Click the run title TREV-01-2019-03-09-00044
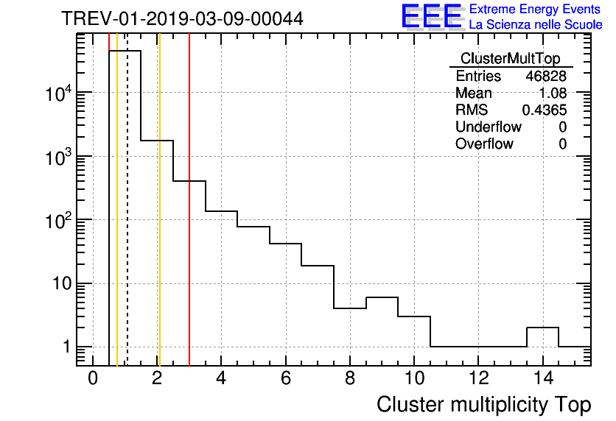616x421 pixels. click(x=182, y=19)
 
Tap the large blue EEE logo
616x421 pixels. click(x=431, y=17)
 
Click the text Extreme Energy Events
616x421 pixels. click(x=534, y=10)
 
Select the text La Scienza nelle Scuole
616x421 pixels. click(x=536, y=25)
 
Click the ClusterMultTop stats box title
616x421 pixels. click(x=510, y=59)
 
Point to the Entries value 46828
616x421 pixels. click(x=546, y=77)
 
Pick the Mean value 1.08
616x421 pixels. click(x=553, y=93)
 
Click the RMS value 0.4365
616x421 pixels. click(x=545, y=110)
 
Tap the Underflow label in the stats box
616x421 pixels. click(x=489, y=127)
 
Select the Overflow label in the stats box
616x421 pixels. click(x=484, y=144)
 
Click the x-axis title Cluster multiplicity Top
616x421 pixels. click(x=483, y=405)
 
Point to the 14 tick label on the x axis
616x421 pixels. click(x=542, y=379)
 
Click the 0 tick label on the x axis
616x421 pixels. click(x=93, y=379)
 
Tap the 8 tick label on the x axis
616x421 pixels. click(x=349, y=379)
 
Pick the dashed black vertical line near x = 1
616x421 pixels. click(x=127, y=221)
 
